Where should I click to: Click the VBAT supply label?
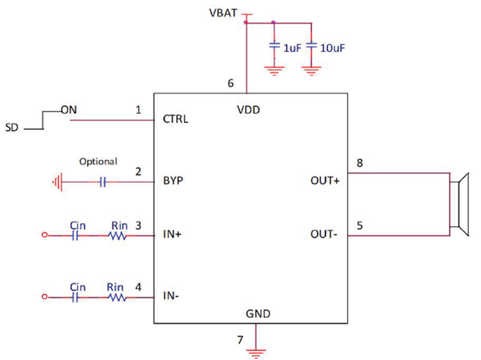tap(223, 12)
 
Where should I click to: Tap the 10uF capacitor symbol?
tap(311, 47)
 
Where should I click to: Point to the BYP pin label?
tap(172, 181)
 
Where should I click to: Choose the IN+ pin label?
tap(172, 235)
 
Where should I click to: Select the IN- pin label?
tap(172, 296)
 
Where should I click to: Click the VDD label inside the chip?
tap(249, 110)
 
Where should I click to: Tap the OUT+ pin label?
tap(325, 181)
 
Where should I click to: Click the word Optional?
tap(98, 162)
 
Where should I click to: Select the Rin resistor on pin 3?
tap(118, 236)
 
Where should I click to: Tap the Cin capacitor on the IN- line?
tap(76, 297)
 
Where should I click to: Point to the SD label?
tap(11, 128)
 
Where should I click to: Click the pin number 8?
tap(360, 163)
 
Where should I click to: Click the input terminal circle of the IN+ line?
tap(45, 236)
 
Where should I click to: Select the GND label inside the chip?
tap(258, 314)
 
